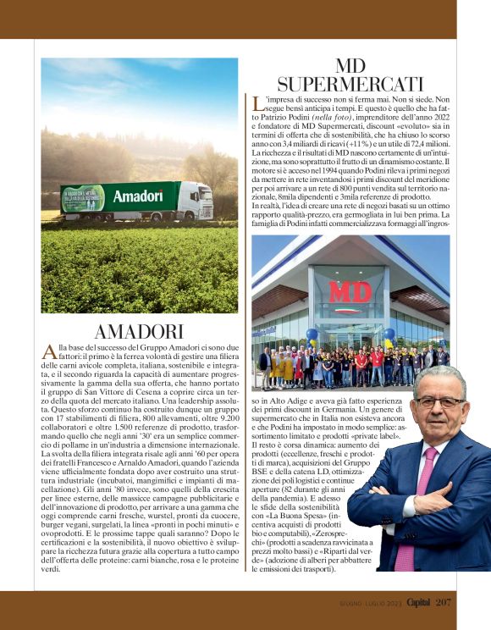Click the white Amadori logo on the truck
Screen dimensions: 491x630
pyautogui.click(x=138, y=196)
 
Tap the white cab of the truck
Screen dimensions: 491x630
pyautogui.click(x=196, y=198)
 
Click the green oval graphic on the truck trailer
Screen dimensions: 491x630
pyautogui.click(x=83, y=198)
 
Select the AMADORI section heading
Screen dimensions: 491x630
pyautogui.click(x=139, y=331)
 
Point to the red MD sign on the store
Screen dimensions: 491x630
pyautogui.click(x=350, y=291)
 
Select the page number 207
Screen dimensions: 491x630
pyautogui.click(x=444, y=603)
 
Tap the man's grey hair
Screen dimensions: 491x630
pyautogui.click(x=439, y=378)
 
